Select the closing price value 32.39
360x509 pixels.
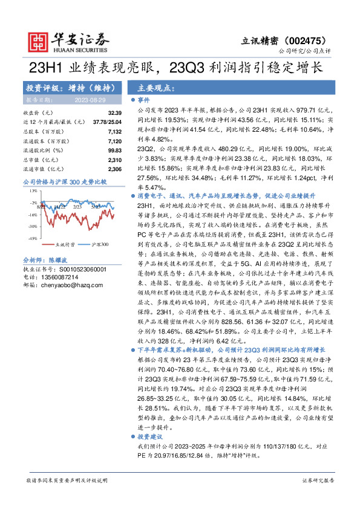point(115,113)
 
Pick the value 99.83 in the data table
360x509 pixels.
point(114,149)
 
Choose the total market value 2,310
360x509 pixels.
point(114,160)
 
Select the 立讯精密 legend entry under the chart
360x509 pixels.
point(65,245)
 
